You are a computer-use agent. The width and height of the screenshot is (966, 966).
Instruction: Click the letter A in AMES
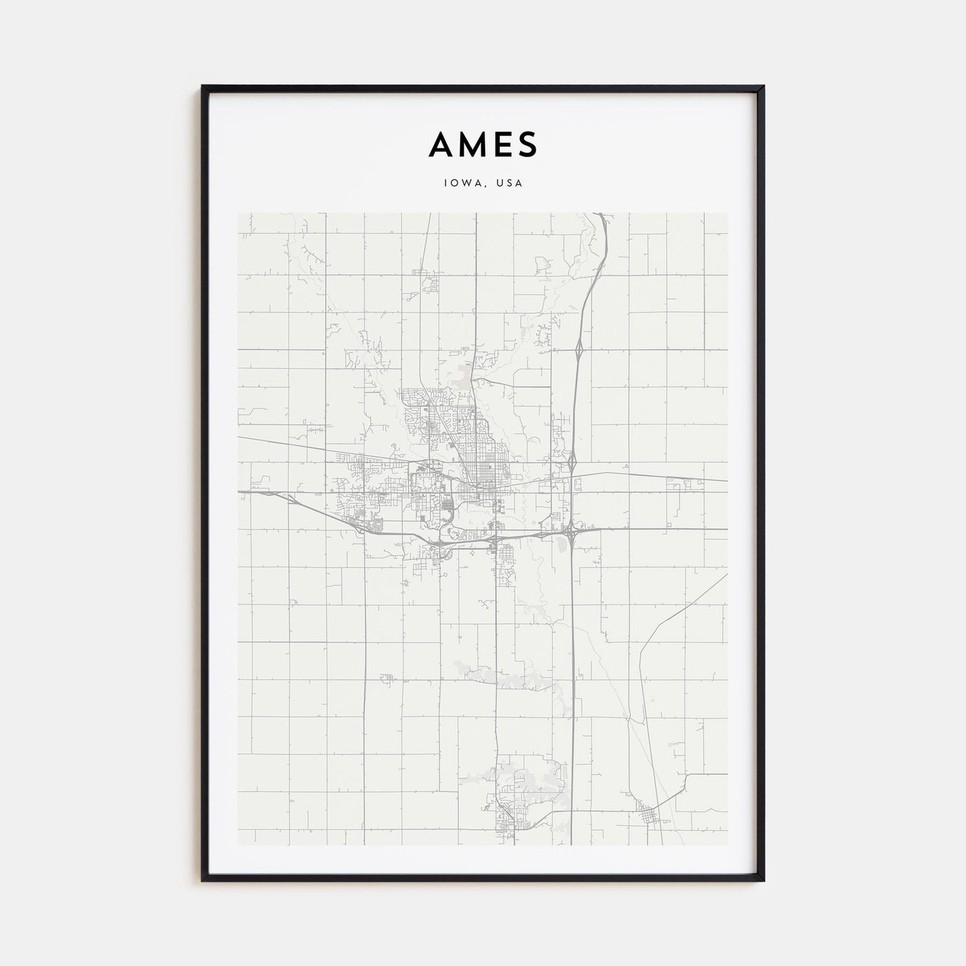[x=442, y=145]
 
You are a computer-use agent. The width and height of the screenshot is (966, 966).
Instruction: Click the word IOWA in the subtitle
[x=460, y=184]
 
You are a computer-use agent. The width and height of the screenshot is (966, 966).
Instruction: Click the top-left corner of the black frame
[x=203, y=87]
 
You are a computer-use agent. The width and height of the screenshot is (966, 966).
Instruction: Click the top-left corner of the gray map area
[x=237, y=213]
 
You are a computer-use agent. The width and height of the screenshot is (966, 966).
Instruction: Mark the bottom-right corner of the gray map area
[x=728, y=845]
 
